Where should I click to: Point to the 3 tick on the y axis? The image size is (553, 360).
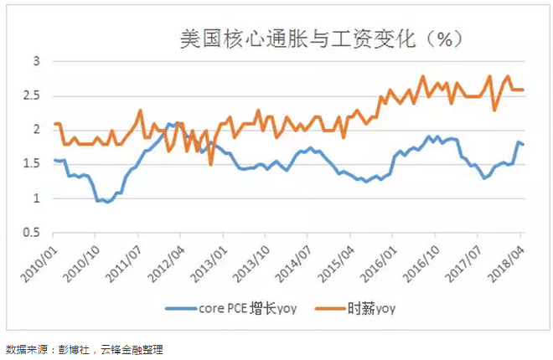pos(36,61)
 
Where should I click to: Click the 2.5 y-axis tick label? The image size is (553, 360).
pos(31,95)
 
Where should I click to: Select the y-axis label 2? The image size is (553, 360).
pos(36,130)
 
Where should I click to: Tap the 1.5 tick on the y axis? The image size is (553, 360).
pos(31,164)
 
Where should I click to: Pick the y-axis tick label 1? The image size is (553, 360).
pos(36,198)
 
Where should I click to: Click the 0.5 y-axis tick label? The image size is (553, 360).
pos(31,233)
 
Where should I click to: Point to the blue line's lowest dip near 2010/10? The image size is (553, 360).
pos(106,202)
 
